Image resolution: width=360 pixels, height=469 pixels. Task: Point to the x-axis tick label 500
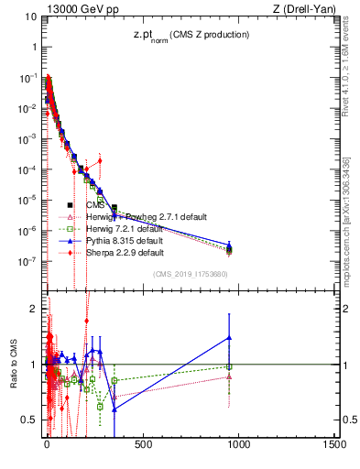[x=143, y=445]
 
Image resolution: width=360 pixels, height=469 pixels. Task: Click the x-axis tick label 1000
[x=239, y=445]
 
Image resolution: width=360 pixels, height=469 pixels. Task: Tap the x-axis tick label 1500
[x=334, y=445]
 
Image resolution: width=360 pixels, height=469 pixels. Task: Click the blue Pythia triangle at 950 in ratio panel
[x=229, y=338]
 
